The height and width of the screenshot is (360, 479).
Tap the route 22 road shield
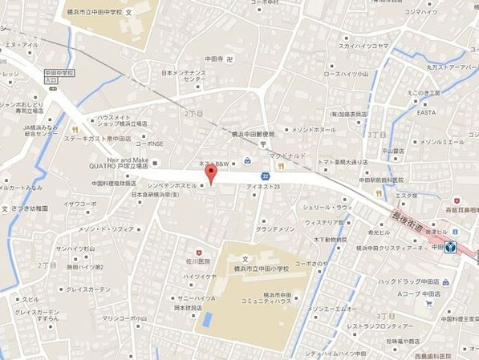pos(265,176)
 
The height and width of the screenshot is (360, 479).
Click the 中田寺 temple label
pos(212,58)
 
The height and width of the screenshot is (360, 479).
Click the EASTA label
pos(426,113)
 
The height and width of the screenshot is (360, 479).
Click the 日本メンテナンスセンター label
pos(184,76)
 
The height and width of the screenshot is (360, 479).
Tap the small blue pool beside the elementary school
pos(206,319)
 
